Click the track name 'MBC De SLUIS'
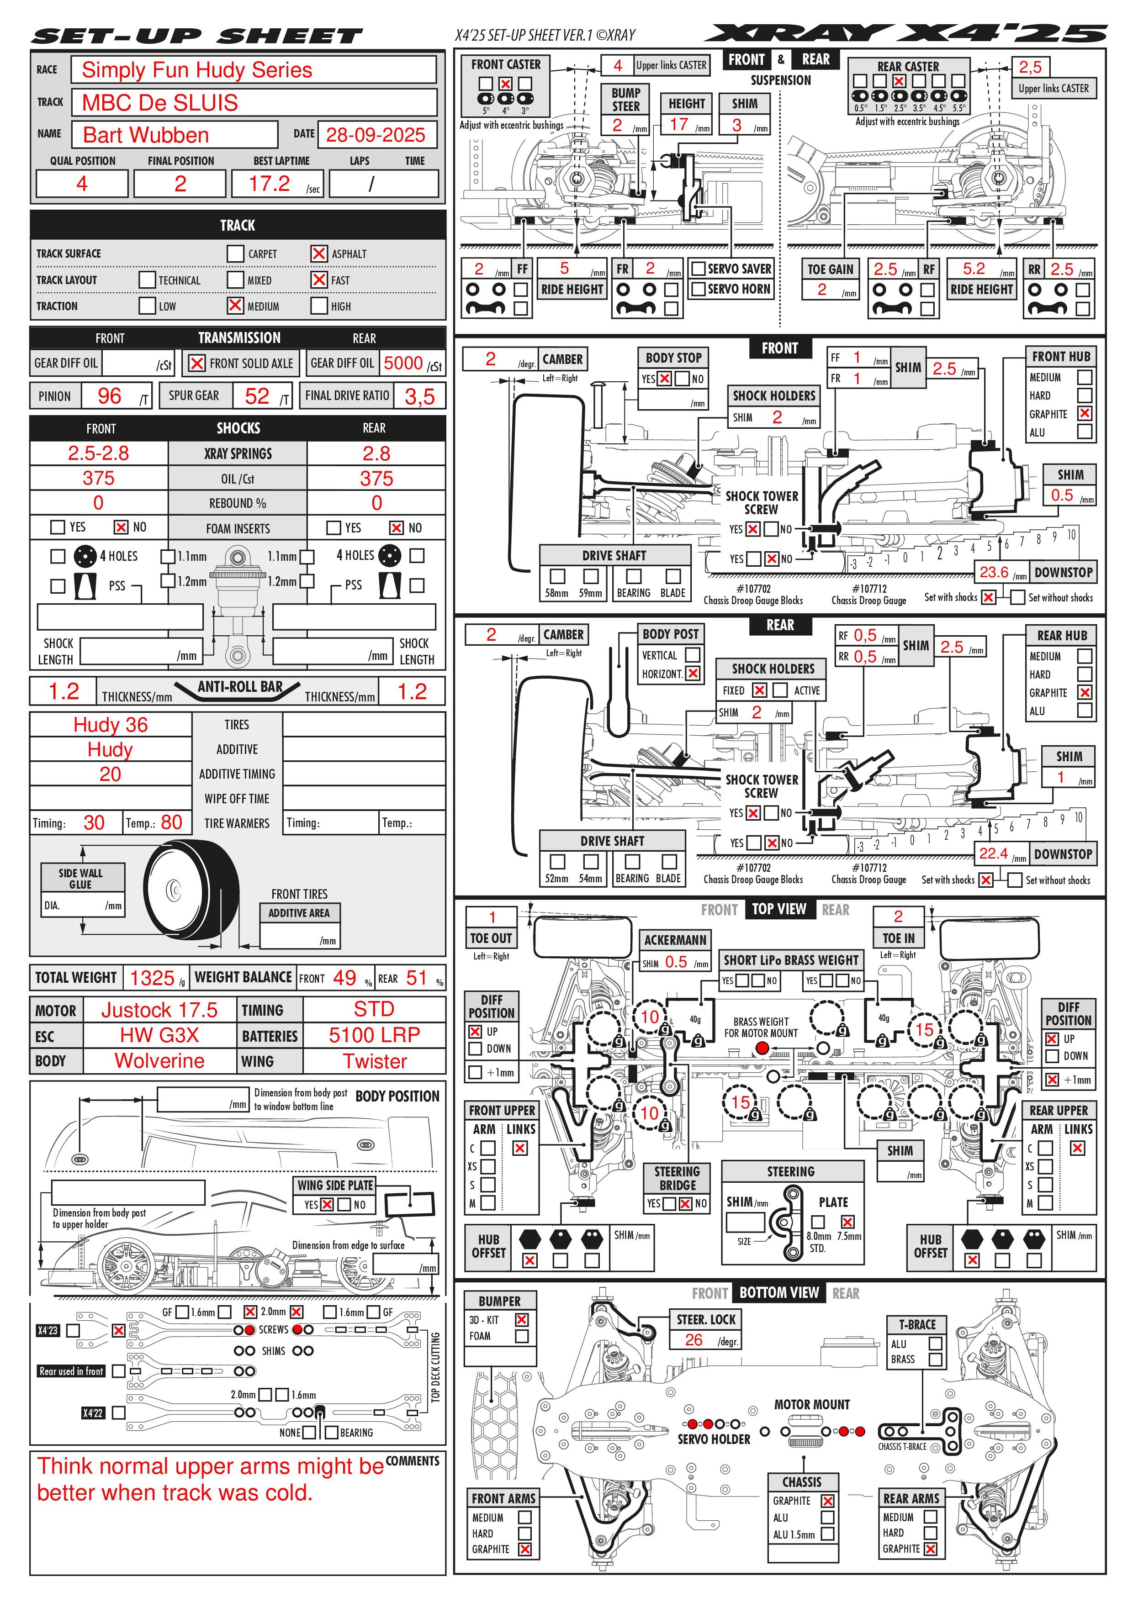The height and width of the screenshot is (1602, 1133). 160,103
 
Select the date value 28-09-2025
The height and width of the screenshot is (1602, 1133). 376,135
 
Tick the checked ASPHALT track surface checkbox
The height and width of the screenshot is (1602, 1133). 319,253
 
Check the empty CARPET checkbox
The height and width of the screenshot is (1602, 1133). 235,253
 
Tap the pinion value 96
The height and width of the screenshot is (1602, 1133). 110,396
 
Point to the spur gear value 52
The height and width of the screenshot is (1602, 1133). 257,396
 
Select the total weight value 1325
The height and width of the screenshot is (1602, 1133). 152,978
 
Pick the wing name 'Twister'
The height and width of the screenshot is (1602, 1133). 375,1061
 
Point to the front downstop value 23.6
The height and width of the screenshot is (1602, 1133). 994,572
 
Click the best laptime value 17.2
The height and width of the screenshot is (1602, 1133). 270,184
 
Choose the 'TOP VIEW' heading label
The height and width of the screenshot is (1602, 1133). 779,909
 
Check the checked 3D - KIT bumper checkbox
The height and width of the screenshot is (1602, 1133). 521,1319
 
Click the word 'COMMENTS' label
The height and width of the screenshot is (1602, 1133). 413,1460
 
